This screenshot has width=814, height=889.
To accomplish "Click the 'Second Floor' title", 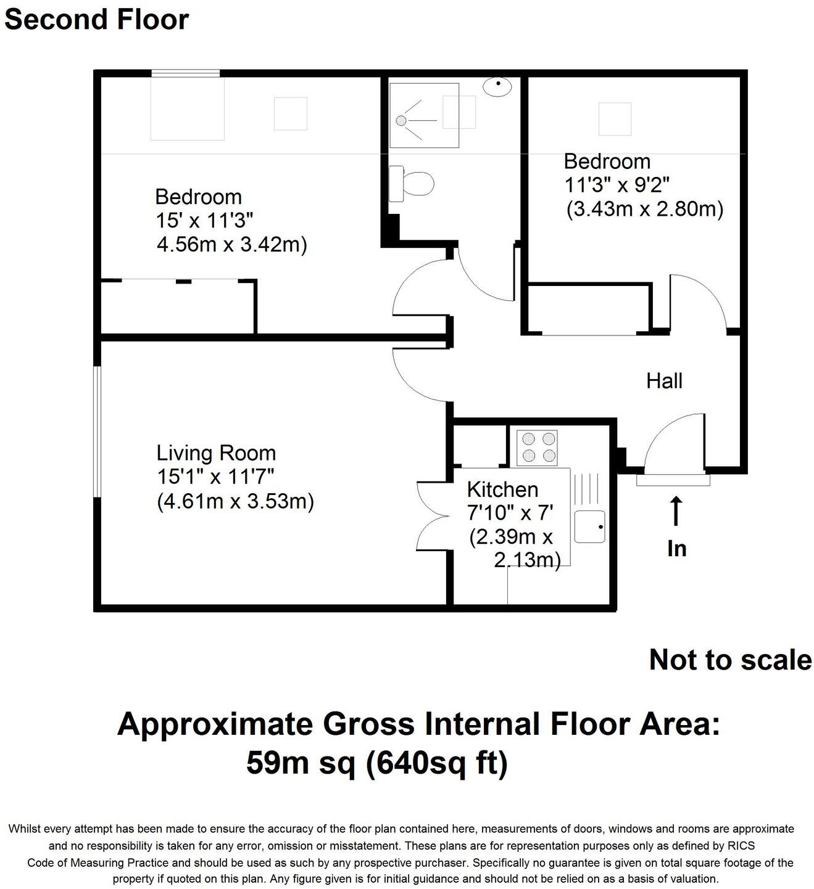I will coord(96,19).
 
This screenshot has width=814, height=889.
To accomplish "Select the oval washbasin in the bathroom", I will coord(497,86).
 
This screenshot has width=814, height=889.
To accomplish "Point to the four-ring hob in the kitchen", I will coord(537,448).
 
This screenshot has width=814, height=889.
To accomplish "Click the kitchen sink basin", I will coord(589,526).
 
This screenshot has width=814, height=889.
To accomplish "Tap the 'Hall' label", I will coord(664,381).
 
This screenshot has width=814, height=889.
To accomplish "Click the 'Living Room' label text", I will coord(216,453).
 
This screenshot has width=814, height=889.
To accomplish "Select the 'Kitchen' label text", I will coord(502,490).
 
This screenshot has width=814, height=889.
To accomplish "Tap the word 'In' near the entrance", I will coord(676,548).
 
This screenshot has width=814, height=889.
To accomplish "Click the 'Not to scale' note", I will coord(730,660).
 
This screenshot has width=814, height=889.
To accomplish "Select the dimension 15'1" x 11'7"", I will coord(215,477).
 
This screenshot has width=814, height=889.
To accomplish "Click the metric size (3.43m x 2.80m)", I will coord(644,210).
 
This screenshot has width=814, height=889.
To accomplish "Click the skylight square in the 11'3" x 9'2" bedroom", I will coord(615,119).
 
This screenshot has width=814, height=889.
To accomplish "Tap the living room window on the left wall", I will coord(97,432).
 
